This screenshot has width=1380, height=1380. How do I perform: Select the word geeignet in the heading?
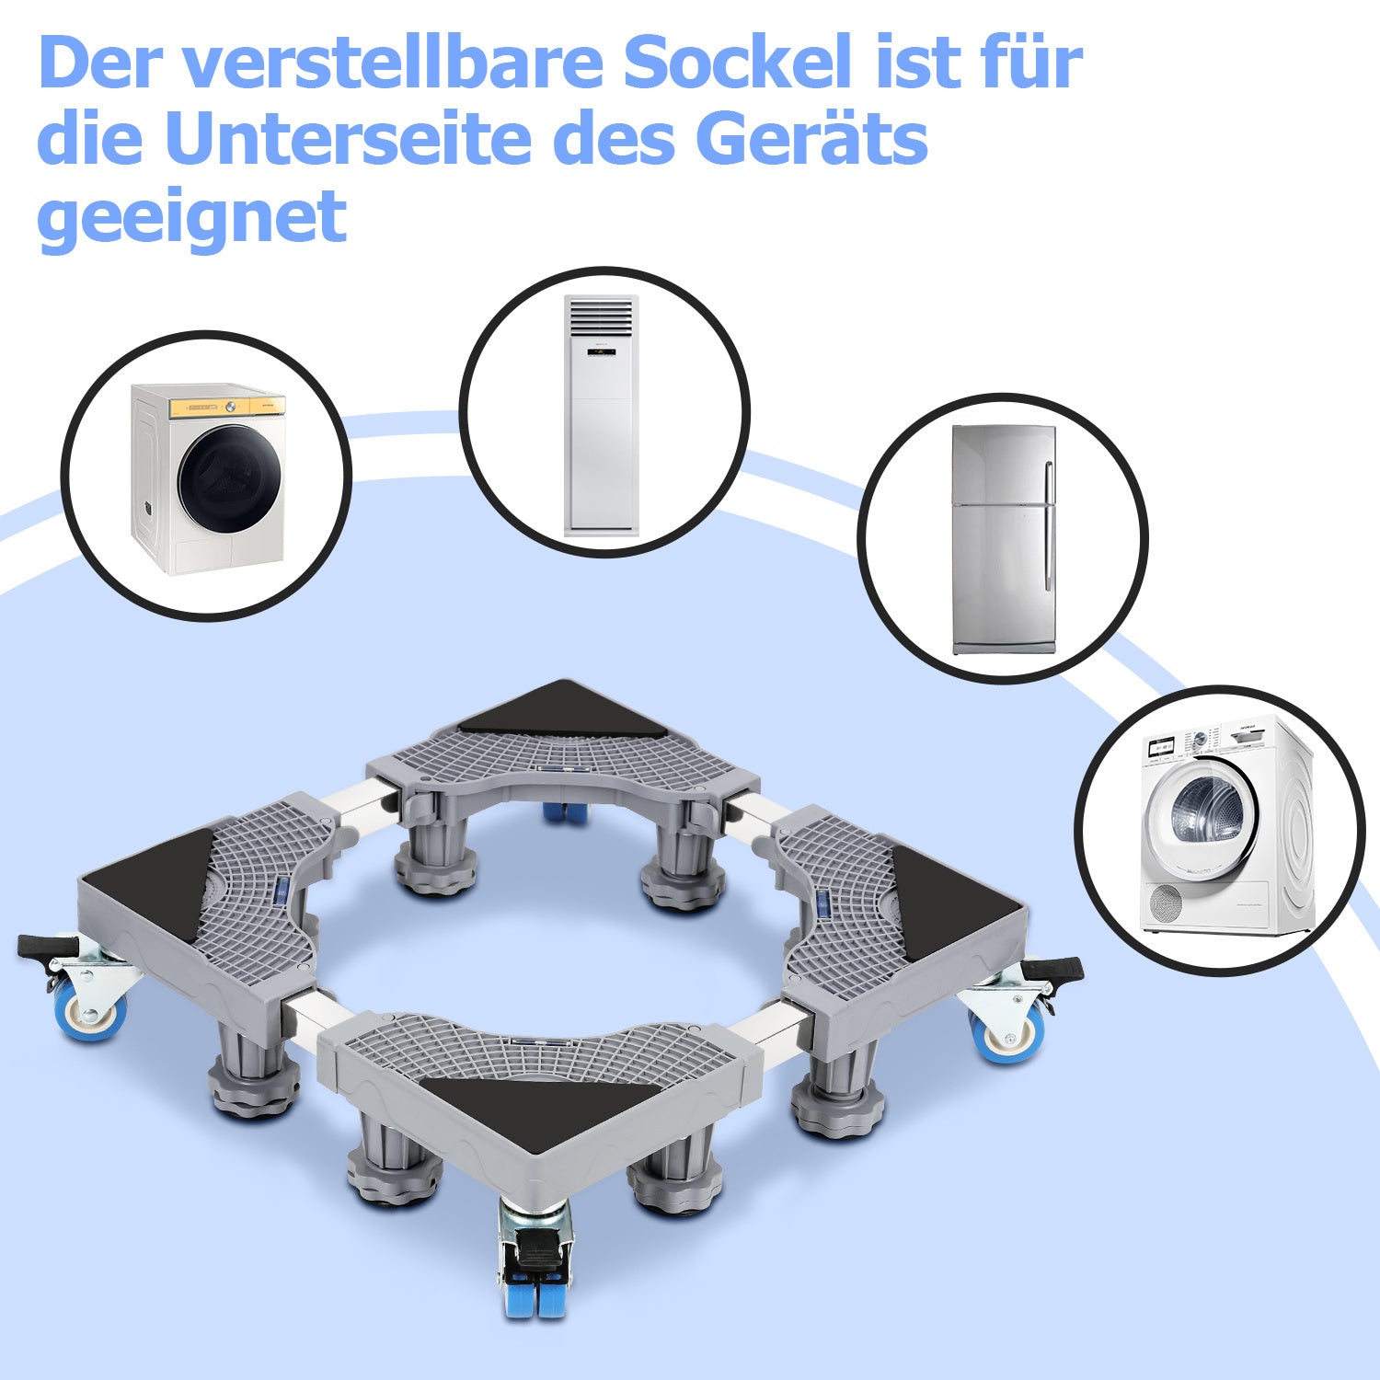click(191, 218)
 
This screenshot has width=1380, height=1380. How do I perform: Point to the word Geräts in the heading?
click(814, 139)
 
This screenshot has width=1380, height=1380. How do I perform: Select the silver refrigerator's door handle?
click(1048, 524)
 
